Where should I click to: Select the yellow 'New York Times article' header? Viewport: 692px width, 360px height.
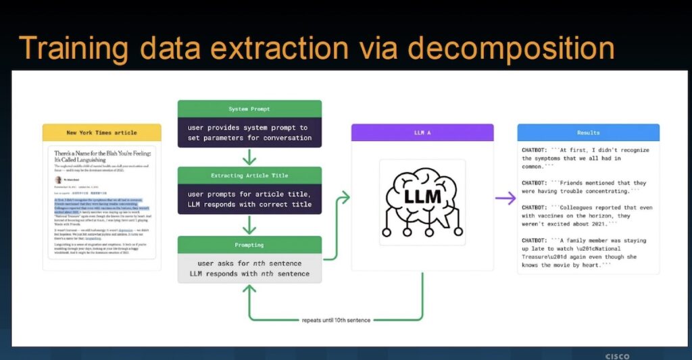(x=101, y=132)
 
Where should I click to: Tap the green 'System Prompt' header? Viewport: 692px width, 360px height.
(x=249, y=109)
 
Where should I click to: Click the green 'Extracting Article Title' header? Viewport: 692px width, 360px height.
(x=249, y=175)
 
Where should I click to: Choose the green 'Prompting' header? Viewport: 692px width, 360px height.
(x=249, y=245)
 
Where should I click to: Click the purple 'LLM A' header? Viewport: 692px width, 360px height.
(x=422, y=132)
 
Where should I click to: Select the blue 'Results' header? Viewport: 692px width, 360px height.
(x=588, y=132)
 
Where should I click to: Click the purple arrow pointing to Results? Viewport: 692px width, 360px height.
(x=505, y=198)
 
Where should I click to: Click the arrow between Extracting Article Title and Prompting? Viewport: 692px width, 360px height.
(x=249, y=225)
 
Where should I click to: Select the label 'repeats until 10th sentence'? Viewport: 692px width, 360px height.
(x=335, y=319)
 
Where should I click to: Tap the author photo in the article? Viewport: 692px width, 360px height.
(x=58, y=180)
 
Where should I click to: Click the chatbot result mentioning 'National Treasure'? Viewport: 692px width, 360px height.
(x=585, y=253)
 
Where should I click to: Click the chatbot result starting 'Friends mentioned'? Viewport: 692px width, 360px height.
(x=585, y=187)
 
